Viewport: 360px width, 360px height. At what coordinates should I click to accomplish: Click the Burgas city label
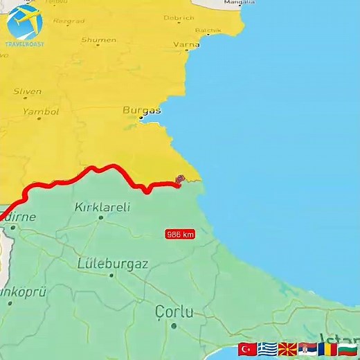pyautogui.click(x=142, y=110)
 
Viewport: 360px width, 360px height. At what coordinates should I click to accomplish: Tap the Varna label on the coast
pyautogui.click(x=186, y=45)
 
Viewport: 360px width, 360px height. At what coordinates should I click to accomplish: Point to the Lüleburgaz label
pyautogui.click(x=112, y=263)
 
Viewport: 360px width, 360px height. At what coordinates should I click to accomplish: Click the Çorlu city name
pyautogui.click(x=174, y=312)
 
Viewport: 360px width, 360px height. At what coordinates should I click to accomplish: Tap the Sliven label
pyautogui.click(x=27, y=91)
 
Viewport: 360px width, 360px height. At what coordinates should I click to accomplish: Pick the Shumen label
pyautogui.click(x=98, y=40)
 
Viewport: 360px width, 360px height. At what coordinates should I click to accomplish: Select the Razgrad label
pyautogui.click(x=69, y=21)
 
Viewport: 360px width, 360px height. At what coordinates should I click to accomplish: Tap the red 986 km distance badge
pyautogui.click(x=180, y=235)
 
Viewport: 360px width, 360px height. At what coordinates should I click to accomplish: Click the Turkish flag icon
pyautogui.click(x=247, y=349)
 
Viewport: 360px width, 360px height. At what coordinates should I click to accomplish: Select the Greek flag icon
pyautogui.click(x=267, y=349)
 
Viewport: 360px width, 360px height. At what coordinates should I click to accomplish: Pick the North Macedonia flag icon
pyautogui.click(x=287, y=349)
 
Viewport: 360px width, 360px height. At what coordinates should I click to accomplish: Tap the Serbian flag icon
pyautogui.click(x=307, y=349)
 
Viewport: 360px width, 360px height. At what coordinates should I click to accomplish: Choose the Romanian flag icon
pyautogui.click(x=327, y=349)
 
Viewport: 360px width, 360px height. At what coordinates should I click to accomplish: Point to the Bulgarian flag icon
pyautogui.click(x=348, y=349)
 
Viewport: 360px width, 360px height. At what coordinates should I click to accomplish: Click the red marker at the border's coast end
pyautogui.click(x=180, y=180)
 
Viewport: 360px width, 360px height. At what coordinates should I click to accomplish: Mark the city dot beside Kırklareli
pyautogui.click(x=100, y=217)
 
